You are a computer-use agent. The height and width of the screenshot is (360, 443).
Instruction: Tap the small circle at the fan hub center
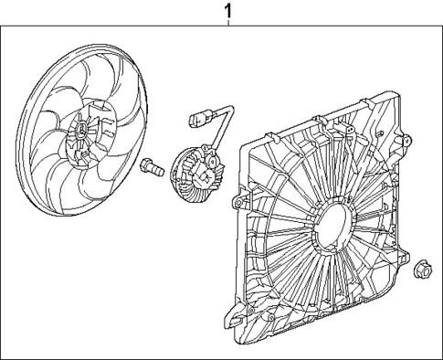81,139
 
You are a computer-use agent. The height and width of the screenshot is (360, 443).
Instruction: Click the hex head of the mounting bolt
146,165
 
